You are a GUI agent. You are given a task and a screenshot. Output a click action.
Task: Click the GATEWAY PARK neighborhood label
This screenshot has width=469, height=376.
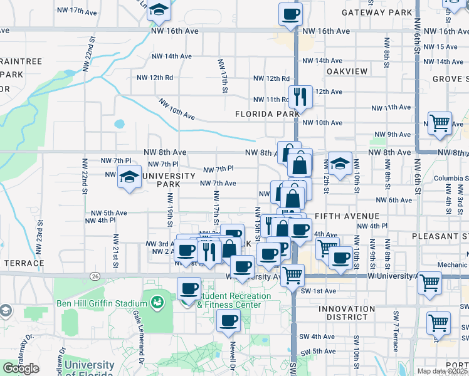point(377,12)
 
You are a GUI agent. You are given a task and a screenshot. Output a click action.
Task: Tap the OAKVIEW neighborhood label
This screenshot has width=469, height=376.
point(347,71)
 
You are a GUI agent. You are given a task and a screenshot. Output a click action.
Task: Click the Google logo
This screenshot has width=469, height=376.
point(21,368)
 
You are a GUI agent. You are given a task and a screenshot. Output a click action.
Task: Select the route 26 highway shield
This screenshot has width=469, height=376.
point(95,275)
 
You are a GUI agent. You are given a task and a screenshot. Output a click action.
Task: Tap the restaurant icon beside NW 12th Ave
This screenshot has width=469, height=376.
point(300,97)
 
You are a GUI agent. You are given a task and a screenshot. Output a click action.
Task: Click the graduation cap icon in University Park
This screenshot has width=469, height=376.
point(129,177)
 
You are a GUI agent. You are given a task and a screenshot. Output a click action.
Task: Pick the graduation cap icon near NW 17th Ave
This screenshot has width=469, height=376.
point(160,9)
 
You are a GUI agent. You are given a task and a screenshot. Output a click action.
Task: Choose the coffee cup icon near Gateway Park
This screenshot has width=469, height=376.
point(290,14)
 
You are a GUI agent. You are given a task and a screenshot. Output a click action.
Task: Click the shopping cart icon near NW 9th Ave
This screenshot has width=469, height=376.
point(440,123)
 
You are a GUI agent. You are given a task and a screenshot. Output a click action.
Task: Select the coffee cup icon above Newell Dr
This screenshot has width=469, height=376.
point(228,322)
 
